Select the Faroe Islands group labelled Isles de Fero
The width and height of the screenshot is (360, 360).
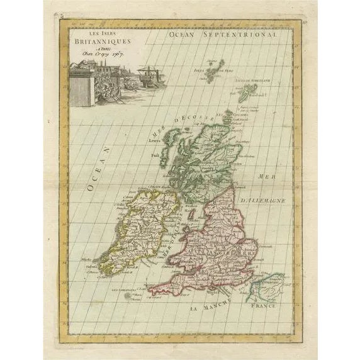216,67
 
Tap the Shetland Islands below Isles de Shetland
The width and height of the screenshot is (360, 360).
247,92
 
